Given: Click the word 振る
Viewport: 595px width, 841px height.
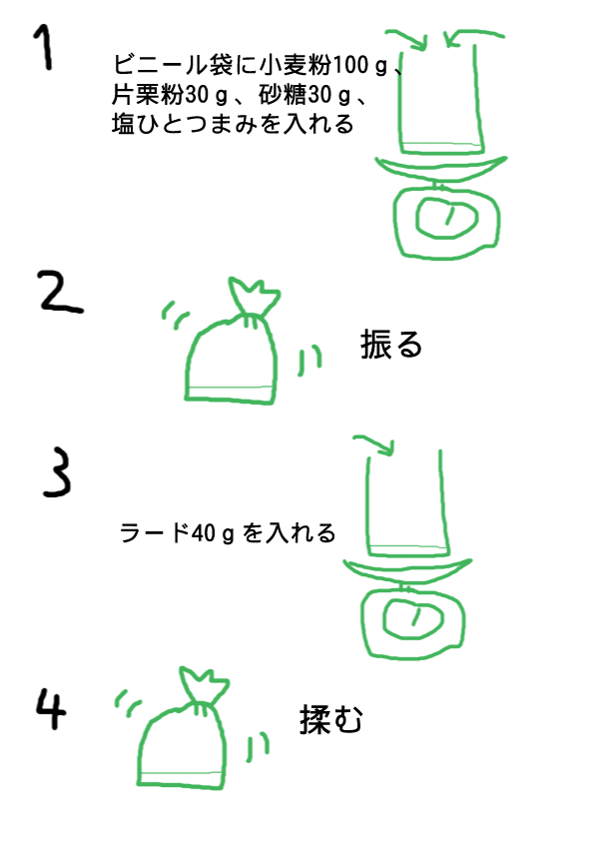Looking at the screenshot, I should (x=391, y=345).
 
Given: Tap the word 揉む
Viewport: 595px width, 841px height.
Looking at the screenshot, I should (x=330, y=719).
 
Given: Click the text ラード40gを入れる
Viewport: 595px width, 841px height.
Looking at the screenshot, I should (x=228, y=533).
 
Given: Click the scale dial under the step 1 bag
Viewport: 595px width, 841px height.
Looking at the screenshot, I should (x=444, y=216).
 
